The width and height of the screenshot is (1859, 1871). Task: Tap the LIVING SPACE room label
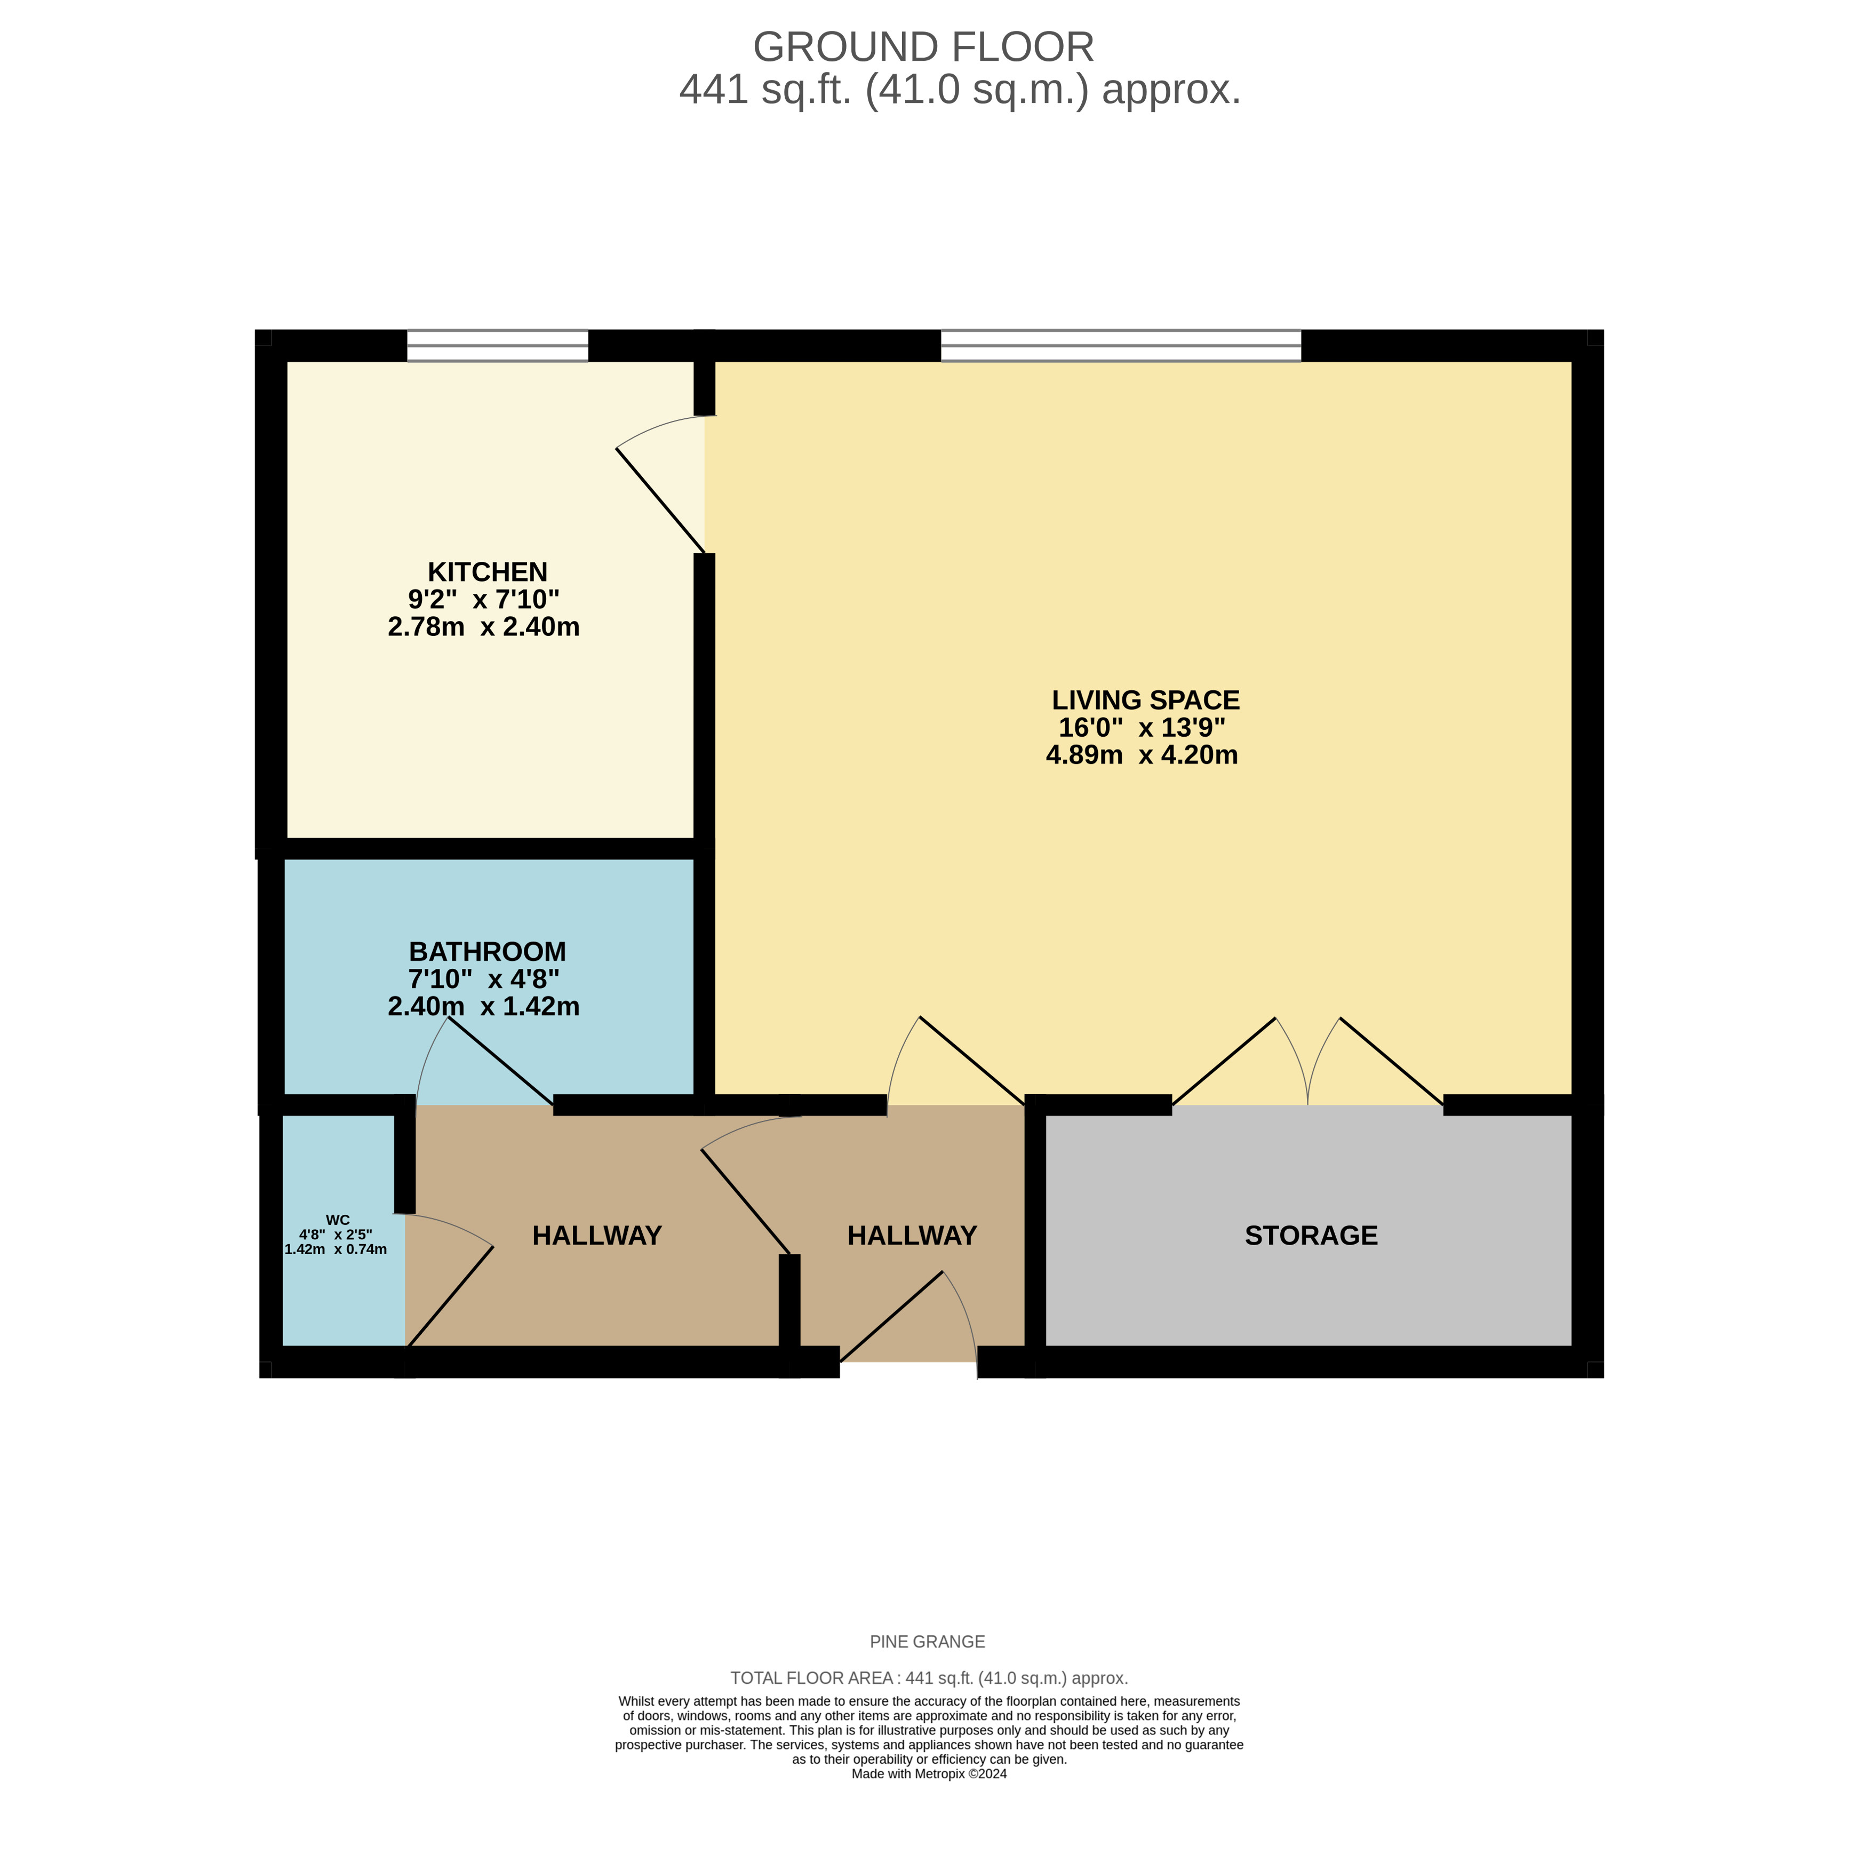pos(1145,700)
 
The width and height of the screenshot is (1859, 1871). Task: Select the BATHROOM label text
pos(487,951)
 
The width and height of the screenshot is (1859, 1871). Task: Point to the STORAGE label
pos(1311,1236)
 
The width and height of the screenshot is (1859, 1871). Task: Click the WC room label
pos(338,1220)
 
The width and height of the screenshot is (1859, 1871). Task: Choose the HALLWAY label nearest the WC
pos(596,1236)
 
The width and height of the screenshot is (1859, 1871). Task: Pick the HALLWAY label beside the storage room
pos(911,1236)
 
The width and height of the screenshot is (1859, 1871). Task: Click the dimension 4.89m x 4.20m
pos(1142,755)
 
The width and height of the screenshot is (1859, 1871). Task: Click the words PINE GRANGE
pos(927,1642)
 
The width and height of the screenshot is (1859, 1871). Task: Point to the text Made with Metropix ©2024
pos(929,1774)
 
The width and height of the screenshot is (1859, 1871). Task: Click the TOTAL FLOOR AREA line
pos(929,1678)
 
